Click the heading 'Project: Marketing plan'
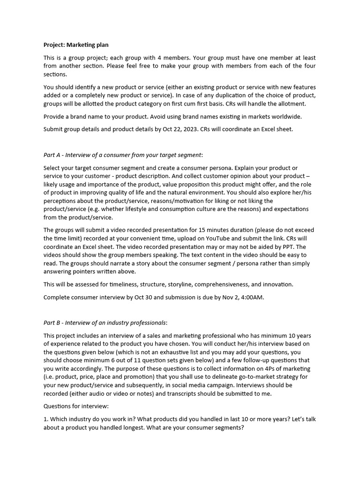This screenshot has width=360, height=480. click(75, 45)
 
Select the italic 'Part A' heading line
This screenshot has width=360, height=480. click(123, 155)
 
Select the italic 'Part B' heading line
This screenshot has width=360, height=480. click(105, 322)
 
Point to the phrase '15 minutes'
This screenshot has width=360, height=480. click(256, 230)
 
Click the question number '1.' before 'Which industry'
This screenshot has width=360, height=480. click(46, 419)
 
